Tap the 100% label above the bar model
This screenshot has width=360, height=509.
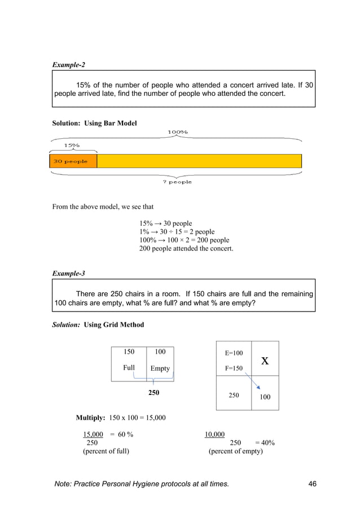(177, 132)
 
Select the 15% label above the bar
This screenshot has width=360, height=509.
(71, 145)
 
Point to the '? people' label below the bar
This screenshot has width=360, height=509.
(177, 182)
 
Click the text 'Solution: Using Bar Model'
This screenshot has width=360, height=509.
(94, 122)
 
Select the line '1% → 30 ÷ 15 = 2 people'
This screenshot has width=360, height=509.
(177, 232)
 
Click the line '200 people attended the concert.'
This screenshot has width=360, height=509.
(186, 248)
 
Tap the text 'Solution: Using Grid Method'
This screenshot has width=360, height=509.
(98, 324)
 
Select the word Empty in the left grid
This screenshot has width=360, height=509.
(160, 368)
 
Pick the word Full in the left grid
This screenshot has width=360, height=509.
(129, 368)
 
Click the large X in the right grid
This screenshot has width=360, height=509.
(265, 361)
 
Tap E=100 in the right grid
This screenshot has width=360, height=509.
(234, 353)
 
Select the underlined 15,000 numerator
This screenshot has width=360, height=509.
(93, 434)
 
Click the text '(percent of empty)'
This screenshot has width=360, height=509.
(235, 451)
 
